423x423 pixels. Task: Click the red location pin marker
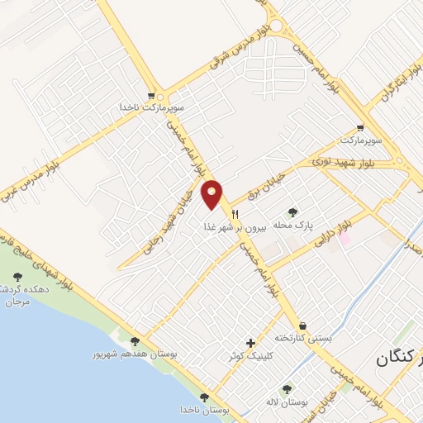tap(213, 195)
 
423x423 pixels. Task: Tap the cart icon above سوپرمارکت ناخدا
tap(150, 95)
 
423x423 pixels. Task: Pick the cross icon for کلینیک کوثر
tap(251, 342)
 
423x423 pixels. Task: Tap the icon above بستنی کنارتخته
tap(304, 326)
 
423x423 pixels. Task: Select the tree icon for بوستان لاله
tap(287, 388)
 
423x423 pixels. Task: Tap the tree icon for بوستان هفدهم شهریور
tap(135, 340)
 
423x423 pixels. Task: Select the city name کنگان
tap(400, 358)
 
